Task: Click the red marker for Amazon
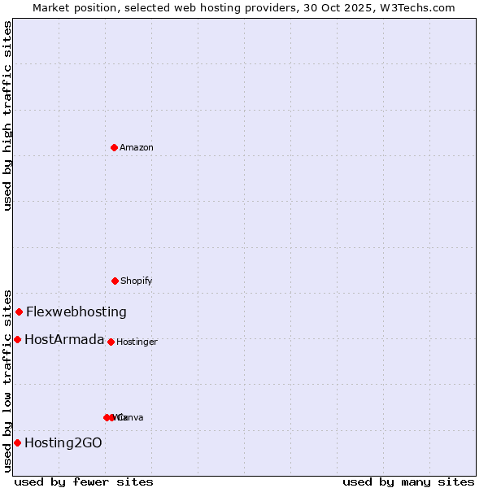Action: coord(114,147)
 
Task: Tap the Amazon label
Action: coord(137,148)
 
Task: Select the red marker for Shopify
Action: coord(115,281)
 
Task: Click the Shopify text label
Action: coord(137,281)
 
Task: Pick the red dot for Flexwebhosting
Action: coord(19,312)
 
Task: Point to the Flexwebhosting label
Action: coord(76,312)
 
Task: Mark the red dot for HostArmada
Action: coord(17,339)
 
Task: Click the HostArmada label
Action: coord(64,339)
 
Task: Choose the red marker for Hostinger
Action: coord(111,342)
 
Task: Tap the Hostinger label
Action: coord(137,342)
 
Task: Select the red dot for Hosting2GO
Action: coord(17,442)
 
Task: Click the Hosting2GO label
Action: coord(63,442)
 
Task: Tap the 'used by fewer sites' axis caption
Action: coord(84,481)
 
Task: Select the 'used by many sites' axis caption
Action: coord(408,481)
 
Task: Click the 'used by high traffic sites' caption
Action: coord(7,115)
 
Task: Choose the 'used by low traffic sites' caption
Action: coord(7,381)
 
